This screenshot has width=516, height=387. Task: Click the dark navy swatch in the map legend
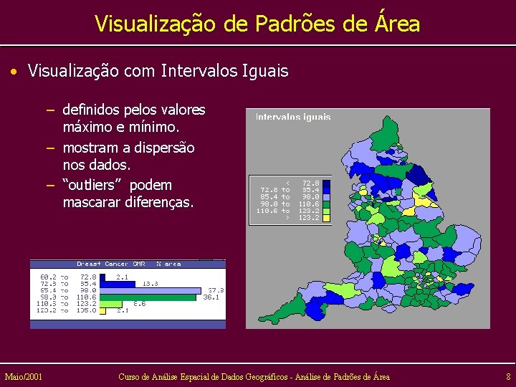pyautogui.click(x=326, y=183)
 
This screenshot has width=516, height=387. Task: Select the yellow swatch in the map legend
pyautogui.click(x=326, y=218)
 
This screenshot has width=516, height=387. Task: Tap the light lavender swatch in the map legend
pyautogui.click(x=326, y=196)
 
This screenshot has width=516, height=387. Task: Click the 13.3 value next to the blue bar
pyautogui.click(x=150, y=284)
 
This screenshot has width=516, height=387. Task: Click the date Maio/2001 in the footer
pyautogui.click(x=23, y=376)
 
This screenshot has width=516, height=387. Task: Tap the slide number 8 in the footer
pyautogui.click(x=508, y=376)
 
